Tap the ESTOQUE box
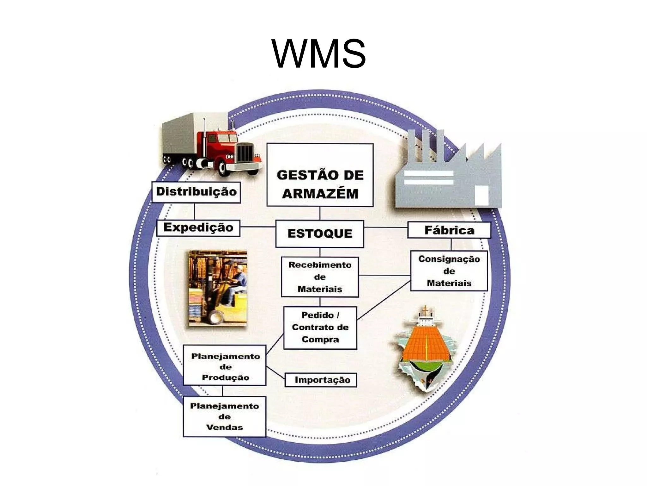pos(319,234)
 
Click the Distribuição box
pos(196,192)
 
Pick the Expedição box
pos(198,228)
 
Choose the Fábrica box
pos(449,230)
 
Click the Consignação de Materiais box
pos(449,271)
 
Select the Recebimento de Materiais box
pos(320,277)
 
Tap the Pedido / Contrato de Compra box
pos(320,327)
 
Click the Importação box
pos(321,380)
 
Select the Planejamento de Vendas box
pos(224,417)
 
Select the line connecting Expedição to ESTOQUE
pos(258,227)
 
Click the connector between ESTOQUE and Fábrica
pos(385,227)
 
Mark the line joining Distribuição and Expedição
pos(194,211)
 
